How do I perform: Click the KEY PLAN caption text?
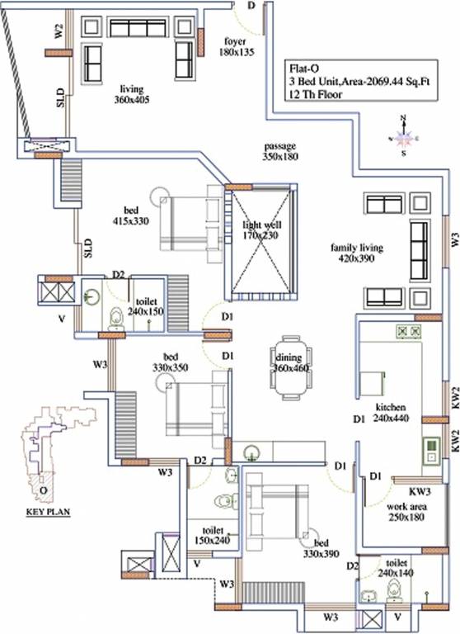47,512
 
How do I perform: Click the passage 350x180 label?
279,151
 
